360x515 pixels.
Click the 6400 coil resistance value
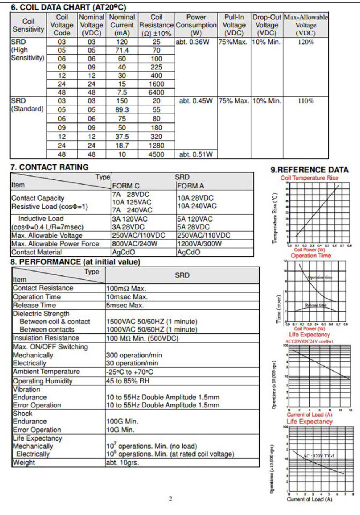click(156, 92)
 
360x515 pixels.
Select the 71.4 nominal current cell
click(122, 50)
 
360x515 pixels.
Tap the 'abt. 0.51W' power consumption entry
click(196, 154)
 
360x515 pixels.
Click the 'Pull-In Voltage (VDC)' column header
click(234, 25)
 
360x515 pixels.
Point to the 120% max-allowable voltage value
click(305, 42)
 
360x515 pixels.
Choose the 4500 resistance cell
click(156, 154)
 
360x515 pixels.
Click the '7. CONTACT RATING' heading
click(50, 167)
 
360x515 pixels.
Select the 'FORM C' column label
click(126, 186)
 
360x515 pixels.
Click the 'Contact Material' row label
click(37, 252)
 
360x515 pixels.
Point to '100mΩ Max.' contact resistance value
click(126, 288)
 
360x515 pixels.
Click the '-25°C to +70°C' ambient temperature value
click(130, 372)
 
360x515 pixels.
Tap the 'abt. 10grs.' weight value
click(122, 462)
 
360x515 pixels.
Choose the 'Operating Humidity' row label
click(42, 381)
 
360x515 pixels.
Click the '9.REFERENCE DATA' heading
click(309, 170)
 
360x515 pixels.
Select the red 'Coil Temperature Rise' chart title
click(309, 178)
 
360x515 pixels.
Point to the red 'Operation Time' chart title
click(311, 256)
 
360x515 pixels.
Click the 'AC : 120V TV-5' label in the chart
click(319, 456)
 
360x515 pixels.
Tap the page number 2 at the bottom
click(170, 498)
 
